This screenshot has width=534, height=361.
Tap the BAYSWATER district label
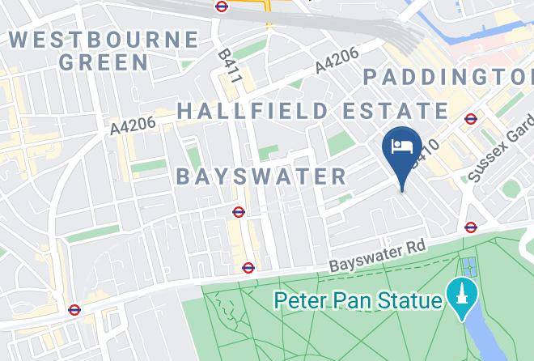pos(261,176)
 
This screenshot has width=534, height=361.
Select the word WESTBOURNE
pos(104,39)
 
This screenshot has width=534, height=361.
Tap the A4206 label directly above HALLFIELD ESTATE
pos(337,62)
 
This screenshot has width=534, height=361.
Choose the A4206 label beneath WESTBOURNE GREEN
pos(133,125)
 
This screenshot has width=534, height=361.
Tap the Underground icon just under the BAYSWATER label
pos(239,212)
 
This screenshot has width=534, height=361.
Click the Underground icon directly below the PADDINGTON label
pos(471,119)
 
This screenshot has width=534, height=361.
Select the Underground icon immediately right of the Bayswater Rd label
pos(471,227)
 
